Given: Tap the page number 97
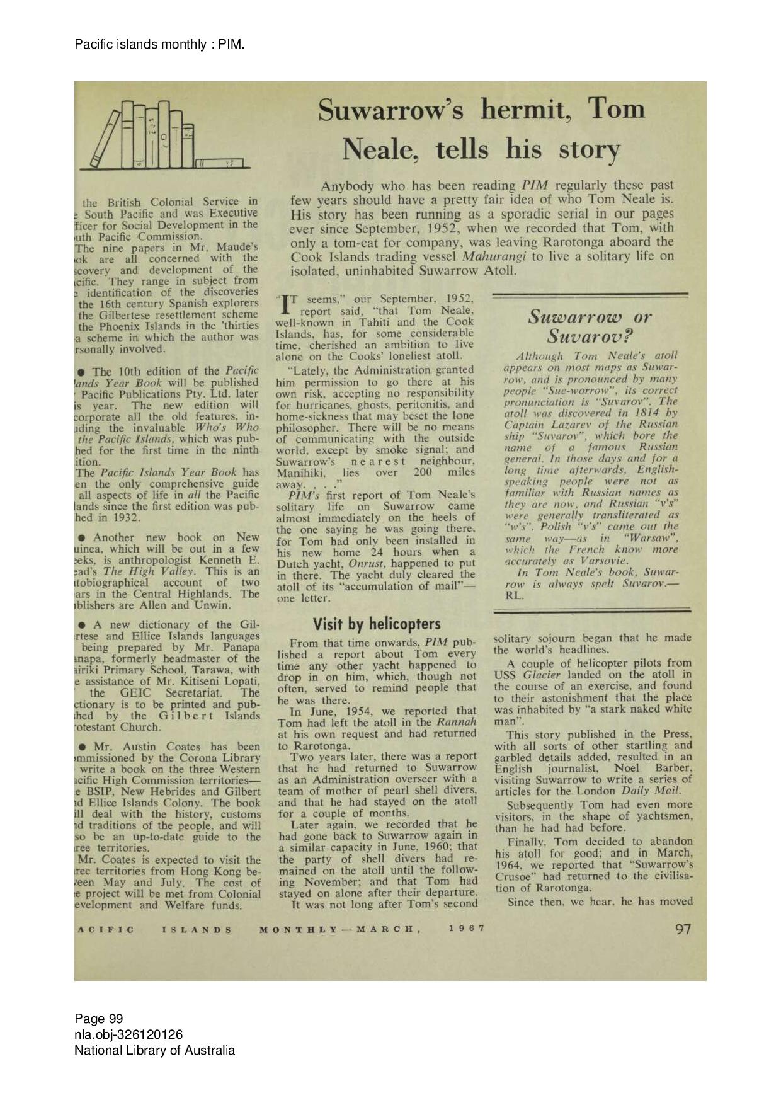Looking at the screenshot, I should pyautogui.click(x=683, y=929).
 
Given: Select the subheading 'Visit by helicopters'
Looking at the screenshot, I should pyautogui.click(x=377, y=624).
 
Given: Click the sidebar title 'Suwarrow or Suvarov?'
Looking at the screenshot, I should pyautogui.click(x=590, y=325).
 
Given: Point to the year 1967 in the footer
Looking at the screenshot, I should pyautogui.click(x=467, y=929).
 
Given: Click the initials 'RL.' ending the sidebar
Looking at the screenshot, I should pyautogui.click(x=514, y=595).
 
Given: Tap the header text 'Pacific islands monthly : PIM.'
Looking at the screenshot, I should pyautogui.click(x=159, y=44).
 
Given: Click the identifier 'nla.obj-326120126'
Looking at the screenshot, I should pyautogui.click(x=128, y=1034).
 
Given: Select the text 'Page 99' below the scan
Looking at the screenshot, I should pyautogui.click(x=99, y=1019).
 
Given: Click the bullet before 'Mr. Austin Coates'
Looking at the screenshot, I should pyautogui.click(x=83, y=747).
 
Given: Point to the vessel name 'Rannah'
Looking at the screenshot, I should pyautogui.click(x=456, y=722).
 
